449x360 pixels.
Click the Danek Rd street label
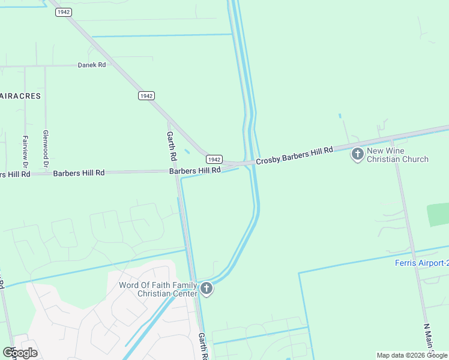(x=91, y=65)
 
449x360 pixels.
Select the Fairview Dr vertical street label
(x=25, y=151)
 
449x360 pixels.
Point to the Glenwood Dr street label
(x=46, y=149)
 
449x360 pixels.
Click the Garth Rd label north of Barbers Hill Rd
(x=171, y=146)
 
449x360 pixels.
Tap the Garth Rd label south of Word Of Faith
(x=203, y=346)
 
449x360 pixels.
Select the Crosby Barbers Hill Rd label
(x=294, y=155)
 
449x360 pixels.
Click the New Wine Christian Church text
(x=397, y=155)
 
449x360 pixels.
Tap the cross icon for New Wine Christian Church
(x=357, y=155)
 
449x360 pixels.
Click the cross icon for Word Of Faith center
(x=206, y=289)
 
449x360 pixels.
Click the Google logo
(x=20, y=353)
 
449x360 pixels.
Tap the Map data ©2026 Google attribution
(x=412, y=355)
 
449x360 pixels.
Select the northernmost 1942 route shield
(x=64, y=12)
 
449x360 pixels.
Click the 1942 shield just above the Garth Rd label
(x=146, y=96)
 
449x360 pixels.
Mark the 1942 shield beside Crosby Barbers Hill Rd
(x=214, y=159)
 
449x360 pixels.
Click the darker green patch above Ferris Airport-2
(x=438, y=214)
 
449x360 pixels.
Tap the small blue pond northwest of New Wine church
(x=340, y=116)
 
